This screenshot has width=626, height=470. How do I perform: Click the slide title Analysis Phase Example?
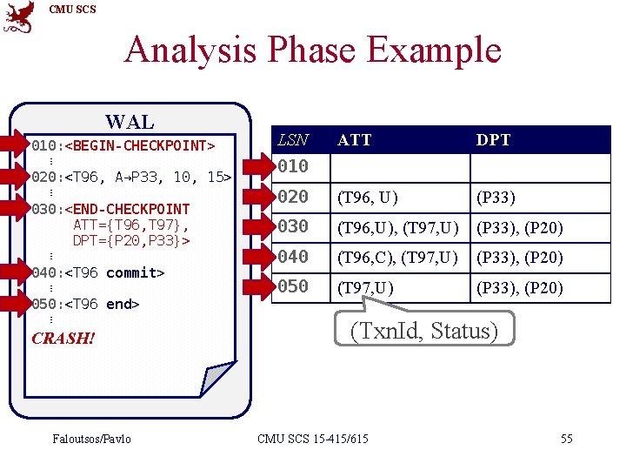pos(313,50)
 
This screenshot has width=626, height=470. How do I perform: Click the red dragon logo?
pos(19,17)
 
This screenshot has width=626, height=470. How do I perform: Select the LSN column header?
pos(292,139)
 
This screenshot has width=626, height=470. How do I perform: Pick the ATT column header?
pos(354,140)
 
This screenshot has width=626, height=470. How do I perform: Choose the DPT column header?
pos(493,140)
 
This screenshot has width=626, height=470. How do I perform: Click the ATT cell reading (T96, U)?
pos(368,198)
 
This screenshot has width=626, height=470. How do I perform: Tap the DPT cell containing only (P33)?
pos(496,198)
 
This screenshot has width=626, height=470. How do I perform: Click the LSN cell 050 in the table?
pos(293,286)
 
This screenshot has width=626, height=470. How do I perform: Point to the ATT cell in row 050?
pos(366,288)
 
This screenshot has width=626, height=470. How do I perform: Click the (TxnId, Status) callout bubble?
pos(423,331)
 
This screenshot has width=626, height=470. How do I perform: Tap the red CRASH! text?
pos(63,338)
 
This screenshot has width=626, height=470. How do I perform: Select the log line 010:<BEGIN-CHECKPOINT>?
pos(123,144)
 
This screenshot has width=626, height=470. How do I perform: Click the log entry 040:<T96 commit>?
pos(97,273)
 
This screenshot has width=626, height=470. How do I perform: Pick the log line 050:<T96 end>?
pos(85,305)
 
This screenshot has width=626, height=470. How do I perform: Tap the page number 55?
pos(566,439)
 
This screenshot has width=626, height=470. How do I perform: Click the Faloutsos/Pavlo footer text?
pos(91,439)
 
